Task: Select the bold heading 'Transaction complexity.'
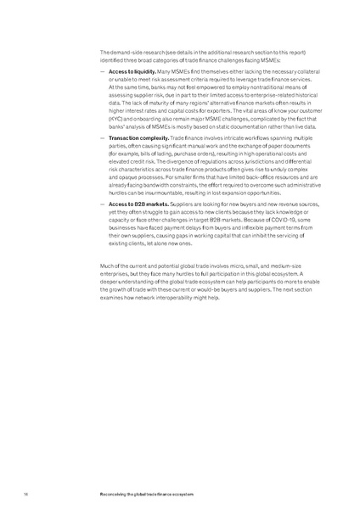pos(135,137)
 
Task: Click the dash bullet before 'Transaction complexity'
pos(101,137)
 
